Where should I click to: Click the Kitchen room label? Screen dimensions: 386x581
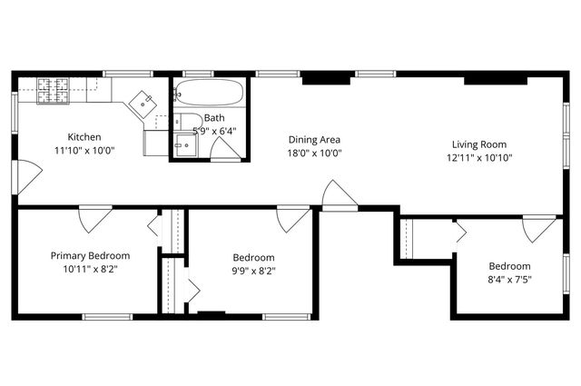point(84,137)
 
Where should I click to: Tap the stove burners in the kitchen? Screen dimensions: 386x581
point(54,87)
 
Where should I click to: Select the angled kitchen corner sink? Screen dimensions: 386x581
point(143,102)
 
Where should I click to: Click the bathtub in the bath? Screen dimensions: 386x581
point(209,93)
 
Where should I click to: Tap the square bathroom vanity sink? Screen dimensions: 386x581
point(186,145)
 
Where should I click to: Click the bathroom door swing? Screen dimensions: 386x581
point(226,149)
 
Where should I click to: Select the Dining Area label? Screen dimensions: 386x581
point(314,140)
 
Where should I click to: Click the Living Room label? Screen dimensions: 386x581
point(479,144)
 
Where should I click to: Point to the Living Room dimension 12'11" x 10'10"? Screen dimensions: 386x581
point(479,157)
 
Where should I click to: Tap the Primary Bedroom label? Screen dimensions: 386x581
point(90,256)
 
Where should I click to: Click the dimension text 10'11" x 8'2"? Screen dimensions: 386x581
point(90,269)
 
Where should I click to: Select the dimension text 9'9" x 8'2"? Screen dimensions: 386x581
point(253,270)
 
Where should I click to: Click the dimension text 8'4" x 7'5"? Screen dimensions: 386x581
point(509,279)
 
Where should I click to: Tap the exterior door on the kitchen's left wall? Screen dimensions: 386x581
point(28,176)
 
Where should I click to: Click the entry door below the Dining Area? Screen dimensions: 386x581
point(338,195)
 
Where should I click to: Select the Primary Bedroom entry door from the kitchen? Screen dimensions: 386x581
point(94,219)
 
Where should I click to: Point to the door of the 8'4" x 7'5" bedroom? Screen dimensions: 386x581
point(538,228)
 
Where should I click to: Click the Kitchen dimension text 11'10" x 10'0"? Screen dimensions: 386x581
point(84,151)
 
